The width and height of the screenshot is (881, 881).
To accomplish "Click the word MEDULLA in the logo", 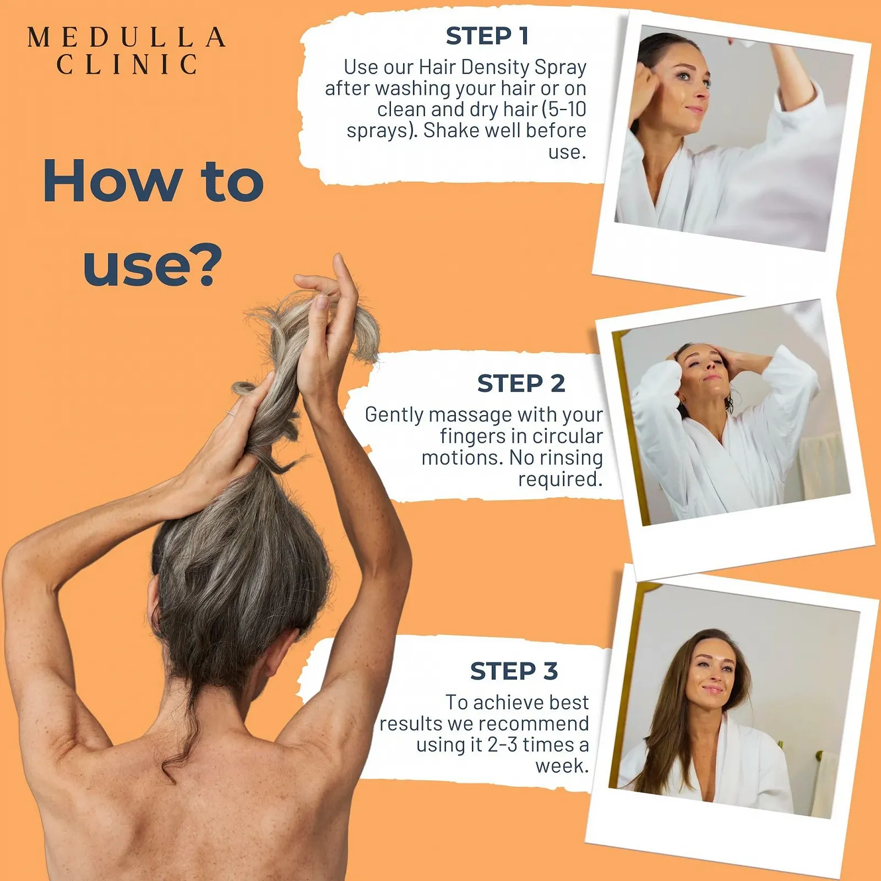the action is point(127,37).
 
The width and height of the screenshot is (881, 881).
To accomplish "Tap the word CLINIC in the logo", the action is point(127,64).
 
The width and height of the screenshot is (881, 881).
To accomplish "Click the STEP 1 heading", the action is point(487,36).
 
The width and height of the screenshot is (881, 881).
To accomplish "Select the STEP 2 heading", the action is point(521,383).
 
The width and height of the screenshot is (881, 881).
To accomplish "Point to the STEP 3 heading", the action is point(514,671).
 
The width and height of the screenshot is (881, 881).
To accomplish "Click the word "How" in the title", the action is point(113,181).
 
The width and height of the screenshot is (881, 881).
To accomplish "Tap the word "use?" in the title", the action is point(153,266).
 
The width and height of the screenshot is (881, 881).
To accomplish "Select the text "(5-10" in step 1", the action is point(564,109).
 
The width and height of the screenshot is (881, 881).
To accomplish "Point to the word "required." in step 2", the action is point(561,480).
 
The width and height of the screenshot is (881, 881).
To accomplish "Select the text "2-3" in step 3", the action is point(502,745).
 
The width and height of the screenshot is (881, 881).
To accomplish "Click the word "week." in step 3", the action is point(562,766).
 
